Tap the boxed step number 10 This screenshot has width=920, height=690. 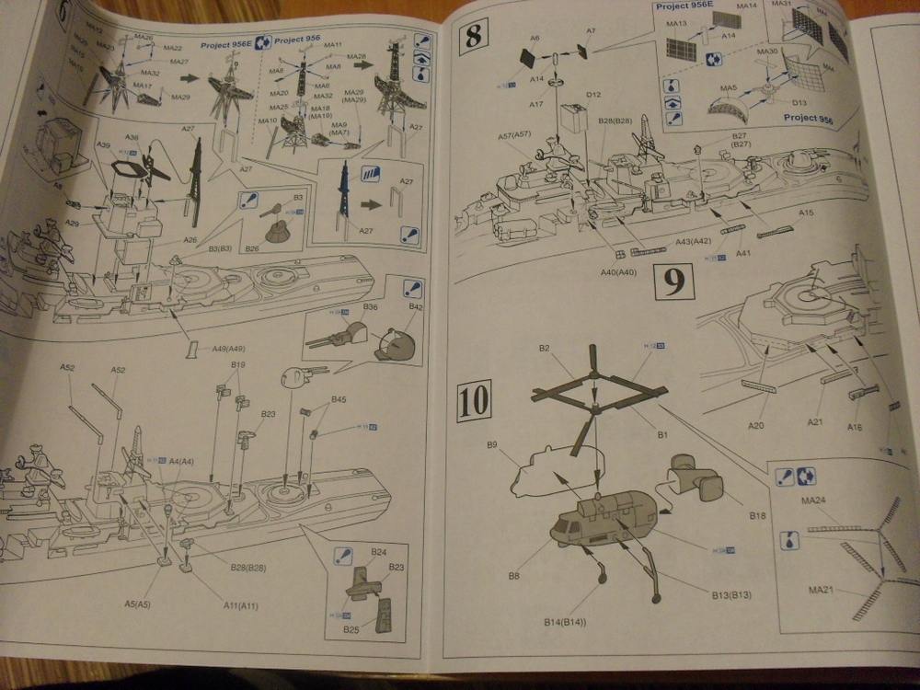coord(475,401)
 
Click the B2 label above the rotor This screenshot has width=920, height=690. coord(544,349)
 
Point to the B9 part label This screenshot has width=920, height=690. coord(492,444)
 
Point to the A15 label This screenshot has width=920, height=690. coord(806,213)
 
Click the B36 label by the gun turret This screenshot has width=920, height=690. coord(371,305)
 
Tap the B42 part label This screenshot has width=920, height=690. coord(416,306)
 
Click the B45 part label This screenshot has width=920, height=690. coord(339,399)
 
